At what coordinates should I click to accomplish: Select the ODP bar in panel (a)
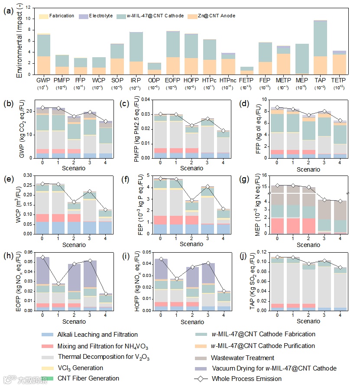pyautogui.click(x=155, y=68)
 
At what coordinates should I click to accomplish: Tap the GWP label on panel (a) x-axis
pyautogui.click(x=43, y=81)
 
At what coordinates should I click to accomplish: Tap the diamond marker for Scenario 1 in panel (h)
pyautogui.click(x=58, y=284)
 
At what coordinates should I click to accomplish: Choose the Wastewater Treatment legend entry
pyautogui.click(x=242, y=358)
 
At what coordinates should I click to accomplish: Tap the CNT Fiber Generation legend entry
pyautogui.click(x=88, y=378)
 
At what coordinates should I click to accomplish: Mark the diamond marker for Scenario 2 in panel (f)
pyautogui.click(x=198, y=201)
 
